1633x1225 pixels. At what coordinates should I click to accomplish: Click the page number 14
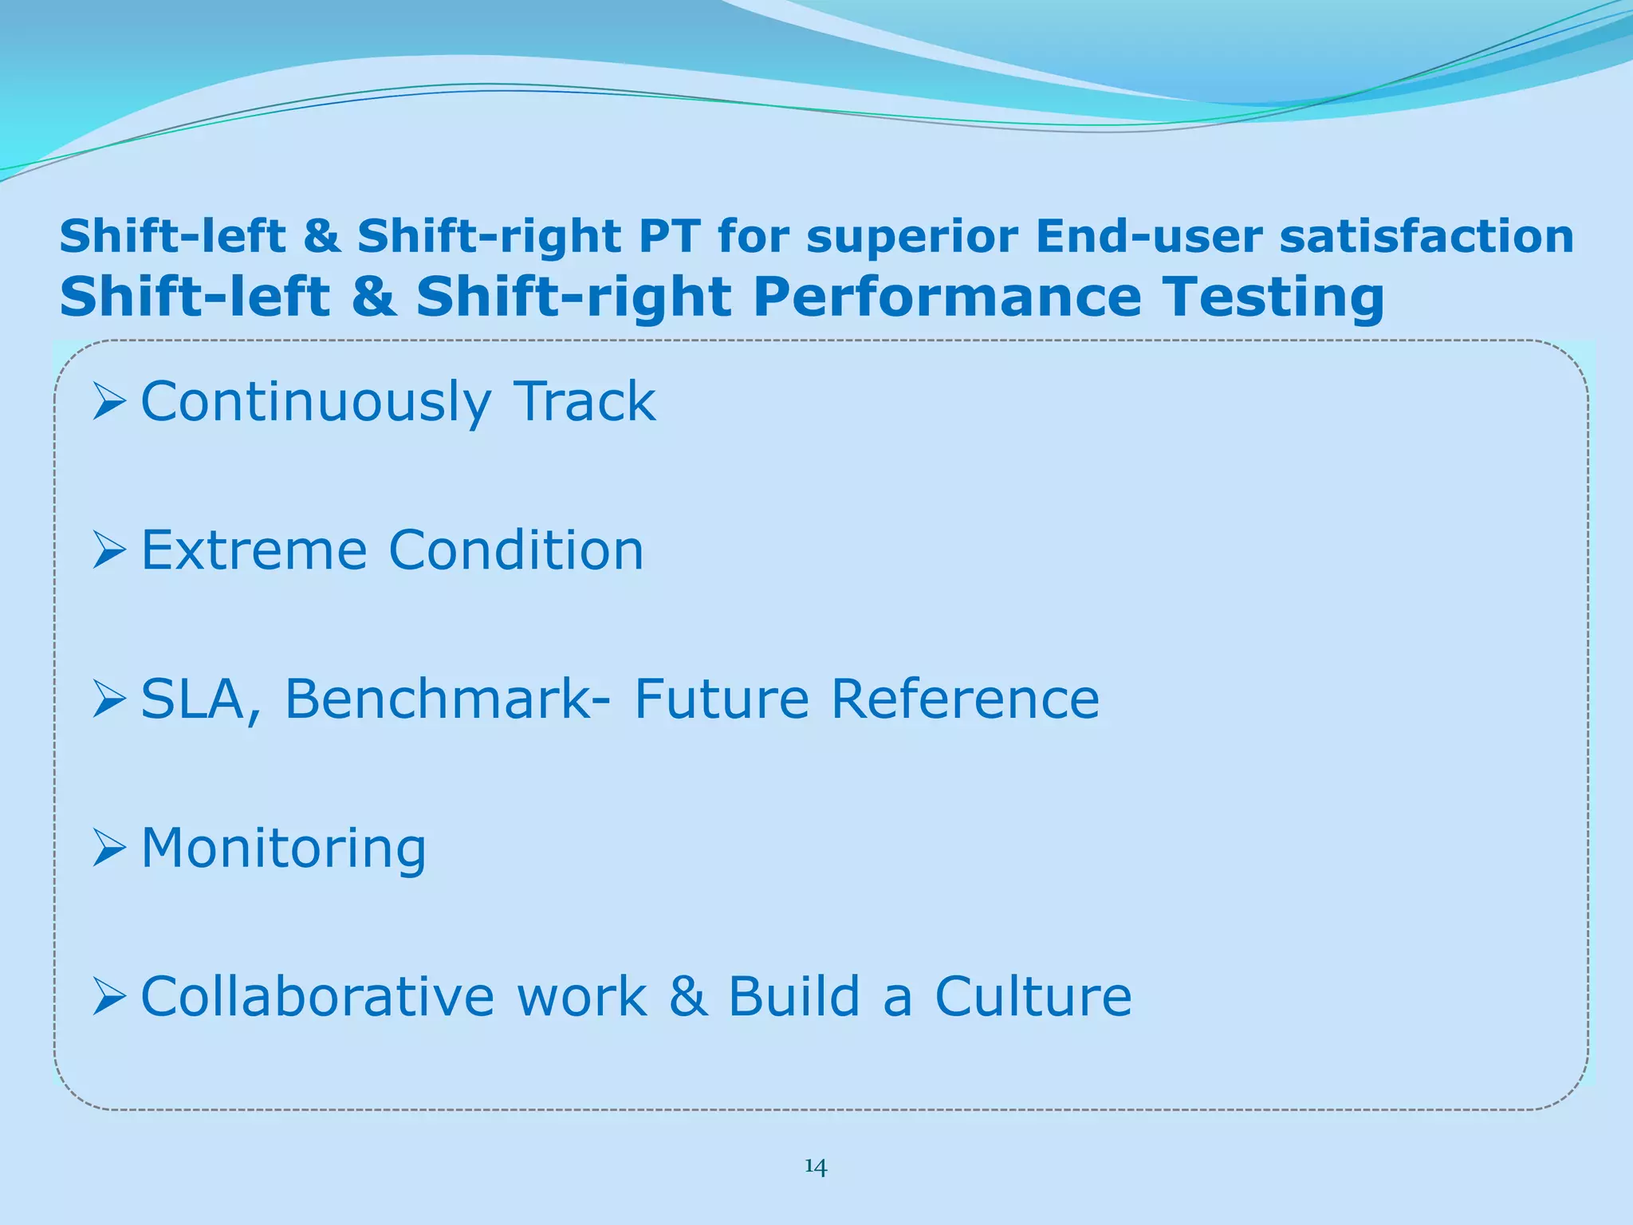tap(816, 1167)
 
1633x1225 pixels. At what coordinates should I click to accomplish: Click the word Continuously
tap(316, 402)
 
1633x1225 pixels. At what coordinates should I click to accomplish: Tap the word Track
tap(584, 401)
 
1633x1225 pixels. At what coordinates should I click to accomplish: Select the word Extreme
tap(254, 550)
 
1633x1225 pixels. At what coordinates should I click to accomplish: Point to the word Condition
tap(516, 550)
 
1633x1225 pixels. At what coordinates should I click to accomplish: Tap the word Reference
tap(965, 699)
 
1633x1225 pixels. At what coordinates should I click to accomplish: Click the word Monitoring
tap(283, 849)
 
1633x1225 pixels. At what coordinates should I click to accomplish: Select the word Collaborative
tap(317, 997)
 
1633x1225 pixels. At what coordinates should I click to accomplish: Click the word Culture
tap(1033, 997)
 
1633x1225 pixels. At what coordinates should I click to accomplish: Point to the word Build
tap(794, 997)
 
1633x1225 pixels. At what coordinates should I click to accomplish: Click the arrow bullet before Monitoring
tap(109, 848)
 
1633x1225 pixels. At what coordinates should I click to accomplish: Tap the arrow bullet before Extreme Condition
tap(109, 550)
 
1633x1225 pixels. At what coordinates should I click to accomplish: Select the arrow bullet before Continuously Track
tap(109, 401)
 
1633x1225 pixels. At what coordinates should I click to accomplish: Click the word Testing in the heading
tap(1273, 297)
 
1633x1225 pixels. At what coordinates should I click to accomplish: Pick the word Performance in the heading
tap(946, 297)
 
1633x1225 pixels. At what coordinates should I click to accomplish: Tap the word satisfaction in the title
tap(1426, 237)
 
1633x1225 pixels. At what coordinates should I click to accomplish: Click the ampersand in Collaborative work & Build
tap(688, 997)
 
